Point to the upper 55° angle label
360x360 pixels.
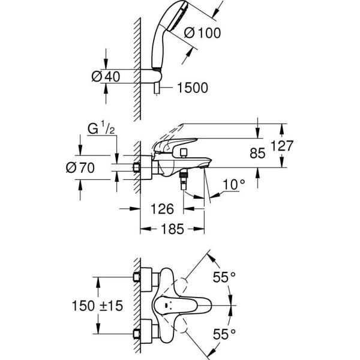224,278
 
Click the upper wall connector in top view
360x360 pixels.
145,278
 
